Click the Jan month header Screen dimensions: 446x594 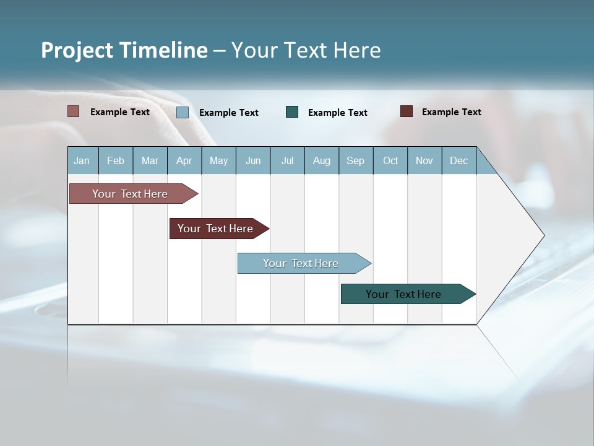pos(82,161)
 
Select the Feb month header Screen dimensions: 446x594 pos(116,161)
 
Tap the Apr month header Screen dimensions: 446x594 pos(184,161)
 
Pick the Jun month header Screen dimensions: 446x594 pos(253,161)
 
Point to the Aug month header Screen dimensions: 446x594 pos(322,161)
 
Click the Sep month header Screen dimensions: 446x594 pos(356,161)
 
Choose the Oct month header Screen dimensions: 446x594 pos(390,161)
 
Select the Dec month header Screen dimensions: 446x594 pos(459,161)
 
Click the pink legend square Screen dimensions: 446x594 pos(73,111)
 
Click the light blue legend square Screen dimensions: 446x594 pos(183,112)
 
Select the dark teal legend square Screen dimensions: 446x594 pos(292,111)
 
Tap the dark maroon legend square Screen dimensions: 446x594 pos(407,111)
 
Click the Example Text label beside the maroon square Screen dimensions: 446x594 pos(452,112)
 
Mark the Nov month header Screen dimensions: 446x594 pos(424,161)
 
